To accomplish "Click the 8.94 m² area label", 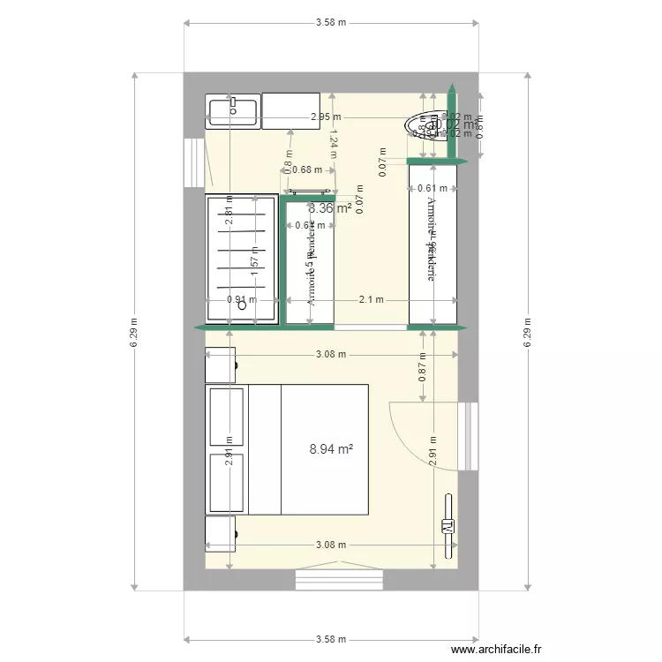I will coord(331,449).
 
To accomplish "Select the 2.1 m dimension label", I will coord(372,300).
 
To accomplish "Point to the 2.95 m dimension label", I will coord(326,117).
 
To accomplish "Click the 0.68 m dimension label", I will coord(306,170).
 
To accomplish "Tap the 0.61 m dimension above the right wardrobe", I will coord(432,188).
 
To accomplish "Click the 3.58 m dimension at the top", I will coord(331,23).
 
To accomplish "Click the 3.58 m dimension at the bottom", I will coord(331,640).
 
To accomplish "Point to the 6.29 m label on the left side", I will coord(134,332).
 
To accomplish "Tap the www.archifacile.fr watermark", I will coord(496,651).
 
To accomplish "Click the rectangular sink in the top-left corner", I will coord(232,110).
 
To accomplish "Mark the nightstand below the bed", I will coord(222,533).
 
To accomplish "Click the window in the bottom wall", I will coord(339,580).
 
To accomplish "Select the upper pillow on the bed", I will coord(227,415).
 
